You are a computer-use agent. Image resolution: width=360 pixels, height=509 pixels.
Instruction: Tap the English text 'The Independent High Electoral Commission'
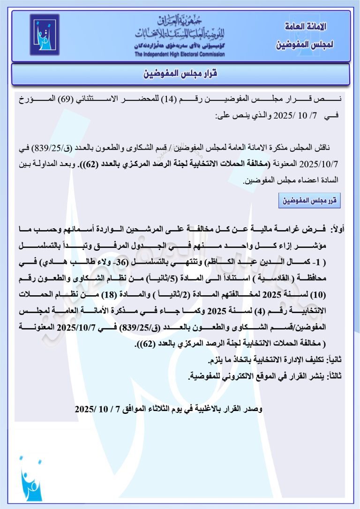point(180,54)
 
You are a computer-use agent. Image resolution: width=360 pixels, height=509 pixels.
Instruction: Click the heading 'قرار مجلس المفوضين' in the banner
point(180,74)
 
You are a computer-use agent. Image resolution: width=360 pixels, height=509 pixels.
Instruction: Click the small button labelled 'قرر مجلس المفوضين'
point(309,201)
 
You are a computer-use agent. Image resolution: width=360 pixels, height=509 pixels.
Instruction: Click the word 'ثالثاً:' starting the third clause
point(334,375)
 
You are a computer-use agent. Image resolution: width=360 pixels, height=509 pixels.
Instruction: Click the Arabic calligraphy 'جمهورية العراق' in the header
point(180,21)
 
